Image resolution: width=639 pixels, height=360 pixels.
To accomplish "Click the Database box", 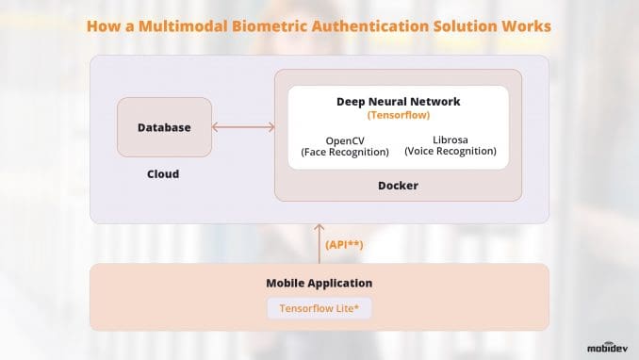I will [x=164, y=127].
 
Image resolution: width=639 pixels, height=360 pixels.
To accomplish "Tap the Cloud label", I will [x=163, y=174].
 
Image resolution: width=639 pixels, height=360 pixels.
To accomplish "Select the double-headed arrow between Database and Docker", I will [x=243, y=127].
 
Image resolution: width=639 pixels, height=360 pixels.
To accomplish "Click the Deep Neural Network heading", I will [x=398, y=101].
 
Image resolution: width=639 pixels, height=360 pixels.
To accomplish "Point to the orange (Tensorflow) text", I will [x=398, y=116].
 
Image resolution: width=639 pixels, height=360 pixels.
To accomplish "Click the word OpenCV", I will [x=345, y=139].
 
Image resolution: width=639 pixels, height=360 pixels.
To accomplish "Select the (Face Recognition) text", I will [x=345, y=152].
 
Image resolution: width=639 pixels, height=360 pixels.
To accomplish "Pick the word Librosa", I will [x=450, y=139].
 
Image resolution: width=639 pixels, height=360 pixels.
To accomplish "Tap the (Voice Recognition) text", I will [x=450, y=152].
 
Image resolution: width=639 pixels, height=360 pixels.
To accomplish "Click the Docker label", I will [x=398, y=186].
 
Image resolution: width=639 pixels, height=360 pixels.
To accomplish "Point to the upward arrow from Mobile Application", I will [x=319, y=242].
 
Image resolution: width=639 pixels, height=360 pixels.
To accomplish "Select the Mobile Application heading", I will [x=319, y=283].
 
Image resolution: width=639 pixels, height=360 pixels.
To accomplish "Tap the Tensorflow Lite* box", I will [x=319, y=308].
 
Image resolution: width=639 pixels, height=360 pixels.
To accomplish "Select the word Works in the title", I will [x=529, y=26].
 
